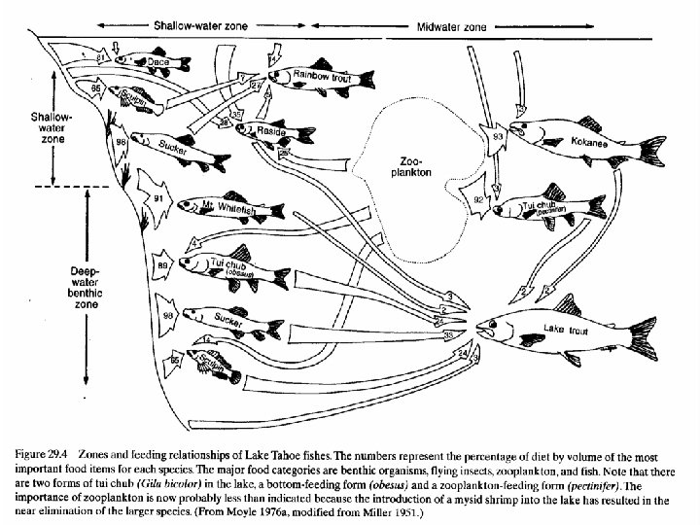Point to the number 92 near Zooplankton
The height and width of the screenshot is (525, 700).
point(478,201)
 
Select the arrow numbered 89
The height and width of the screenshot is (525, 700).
point(163,263)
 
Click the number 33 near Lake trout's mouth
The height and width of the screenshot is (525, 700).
point(448,335)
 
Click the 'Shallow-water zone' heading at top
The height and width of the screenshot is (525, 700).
point(199,23)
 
